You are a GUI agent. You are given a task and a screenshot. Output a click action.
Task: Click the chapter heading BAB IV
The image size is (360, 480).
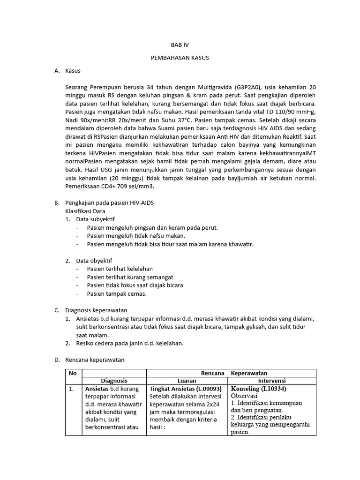click(x=180, y=45)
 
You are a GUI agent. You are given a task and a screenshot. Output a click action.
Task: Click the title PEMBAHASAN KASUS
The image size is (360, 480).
click(x=180, y=58)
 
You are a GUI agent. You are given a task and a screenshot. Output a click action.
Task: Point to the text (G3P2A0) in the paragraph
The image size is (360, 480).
click(x=248, y=87)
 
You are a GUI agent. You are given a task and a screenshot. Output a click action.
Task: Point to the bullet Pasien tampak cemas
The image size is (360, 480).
click(x=117, y=293)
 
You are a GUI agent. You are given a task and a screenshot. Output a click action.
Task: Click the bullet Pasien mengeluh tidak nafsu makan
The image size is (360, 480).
click(x=136, y=235)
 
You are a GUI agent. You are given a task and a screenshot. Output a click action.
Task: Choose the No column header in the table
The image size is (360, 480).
click(x=73, y=373)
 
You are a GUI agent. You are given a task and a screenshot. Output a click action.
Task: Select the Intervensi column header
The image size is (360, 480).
click(x=271, y=381)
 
